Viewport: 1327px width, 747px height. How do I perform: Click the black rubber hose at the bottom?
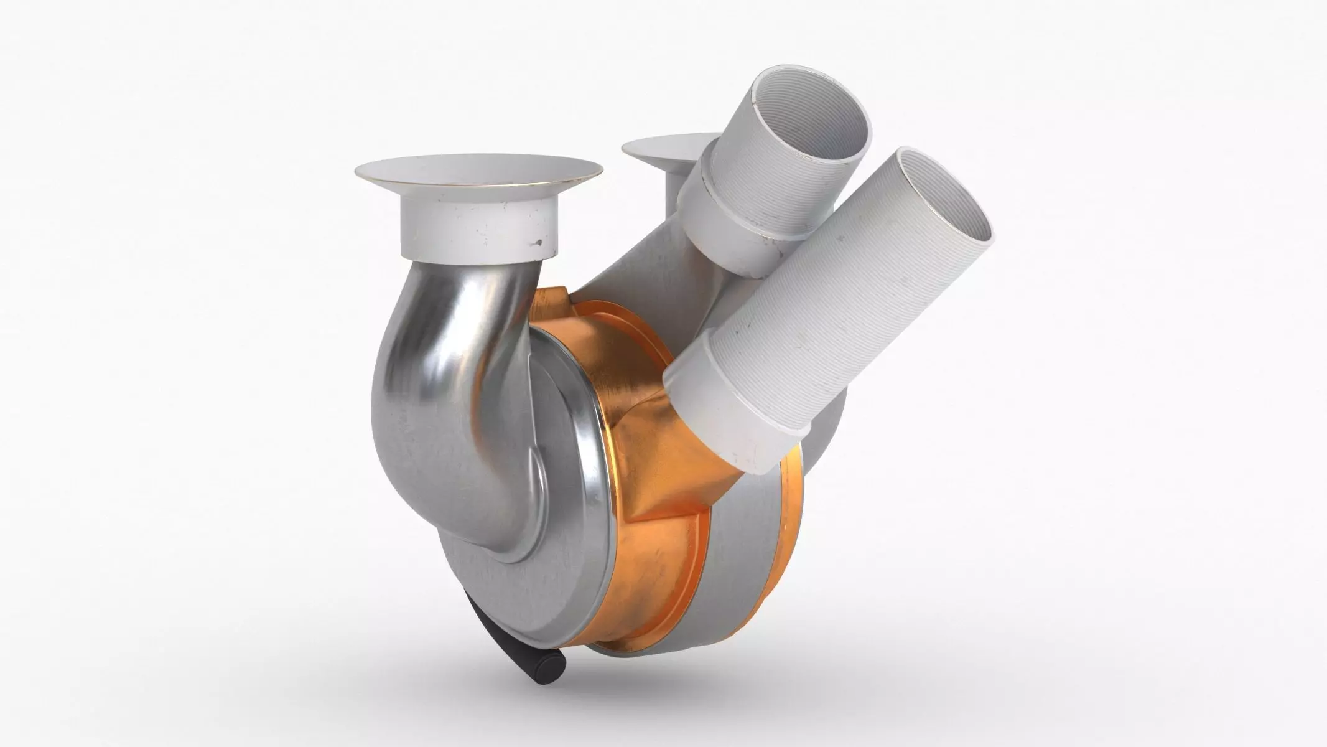coord(498,644)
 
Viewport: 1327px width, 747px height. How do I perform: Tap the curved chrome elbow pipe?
coord(429,374)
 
